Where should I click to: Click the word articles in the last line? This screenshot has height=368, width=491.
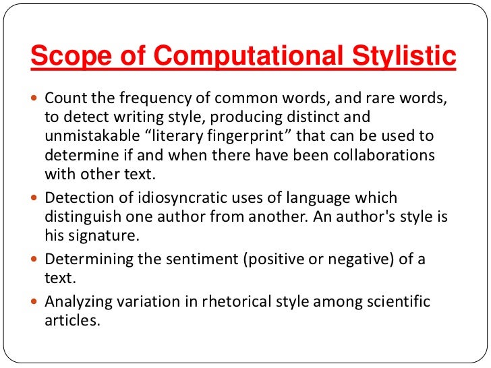72,319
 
